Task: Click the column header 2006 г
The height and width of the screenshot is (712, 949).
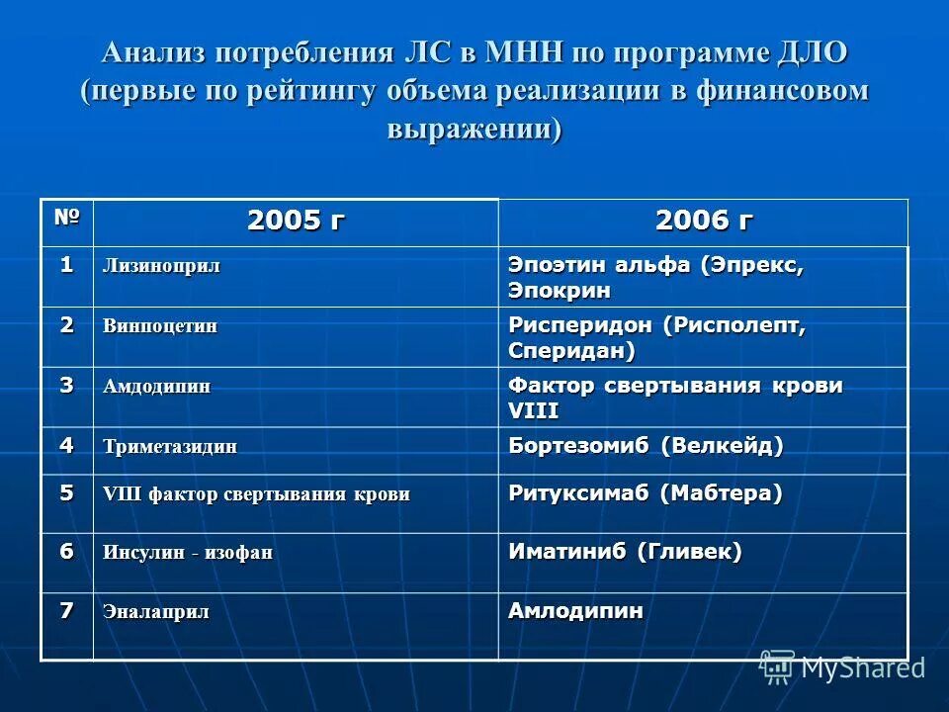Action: click(x=703, y=222)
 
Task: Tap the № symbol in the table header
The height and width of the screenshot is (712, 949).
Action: click(x=66, y=216)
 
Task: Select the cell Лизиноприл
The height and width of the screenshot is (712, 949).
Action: click(x=162, y=266)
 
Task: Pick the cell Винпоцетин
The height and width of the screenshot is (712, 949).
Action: click(x=160, y=326)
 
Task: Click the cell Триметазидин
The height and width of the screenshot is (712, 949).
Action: click(x=170, y=446)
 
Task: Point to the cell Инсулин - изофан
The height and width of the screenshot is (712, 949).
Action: click(x=188, y=553)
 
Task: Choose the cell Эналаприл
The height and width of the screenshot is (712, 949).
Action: click(x=156, y=612)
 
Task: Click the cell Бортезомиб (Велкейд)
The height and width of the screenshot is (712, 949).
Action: click(x=646, y=445)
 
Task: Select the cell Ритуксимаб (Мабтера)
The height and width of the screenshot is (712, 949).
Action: click(x=645, y=492)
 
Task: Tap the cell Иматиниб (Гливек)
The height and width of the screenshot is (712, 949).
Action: click(x=625, y=552)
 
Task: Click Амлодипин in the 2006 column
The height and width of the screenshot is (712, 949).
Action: click(x=575, y=611)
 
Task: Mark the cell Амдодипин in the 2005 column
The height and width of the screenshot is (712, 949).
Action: click(x=156, y=386)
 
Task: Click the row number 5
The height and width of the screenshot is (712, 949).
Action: click(x=66, y=492)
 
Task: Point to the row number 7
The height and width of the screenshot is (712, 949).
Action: click(x=66, y=610)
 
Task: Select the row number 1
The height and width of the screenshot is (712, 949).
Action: click(x=66, y=264)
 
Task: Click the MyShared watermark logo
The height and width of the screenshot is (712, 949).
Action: click(x=842, y=667)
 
